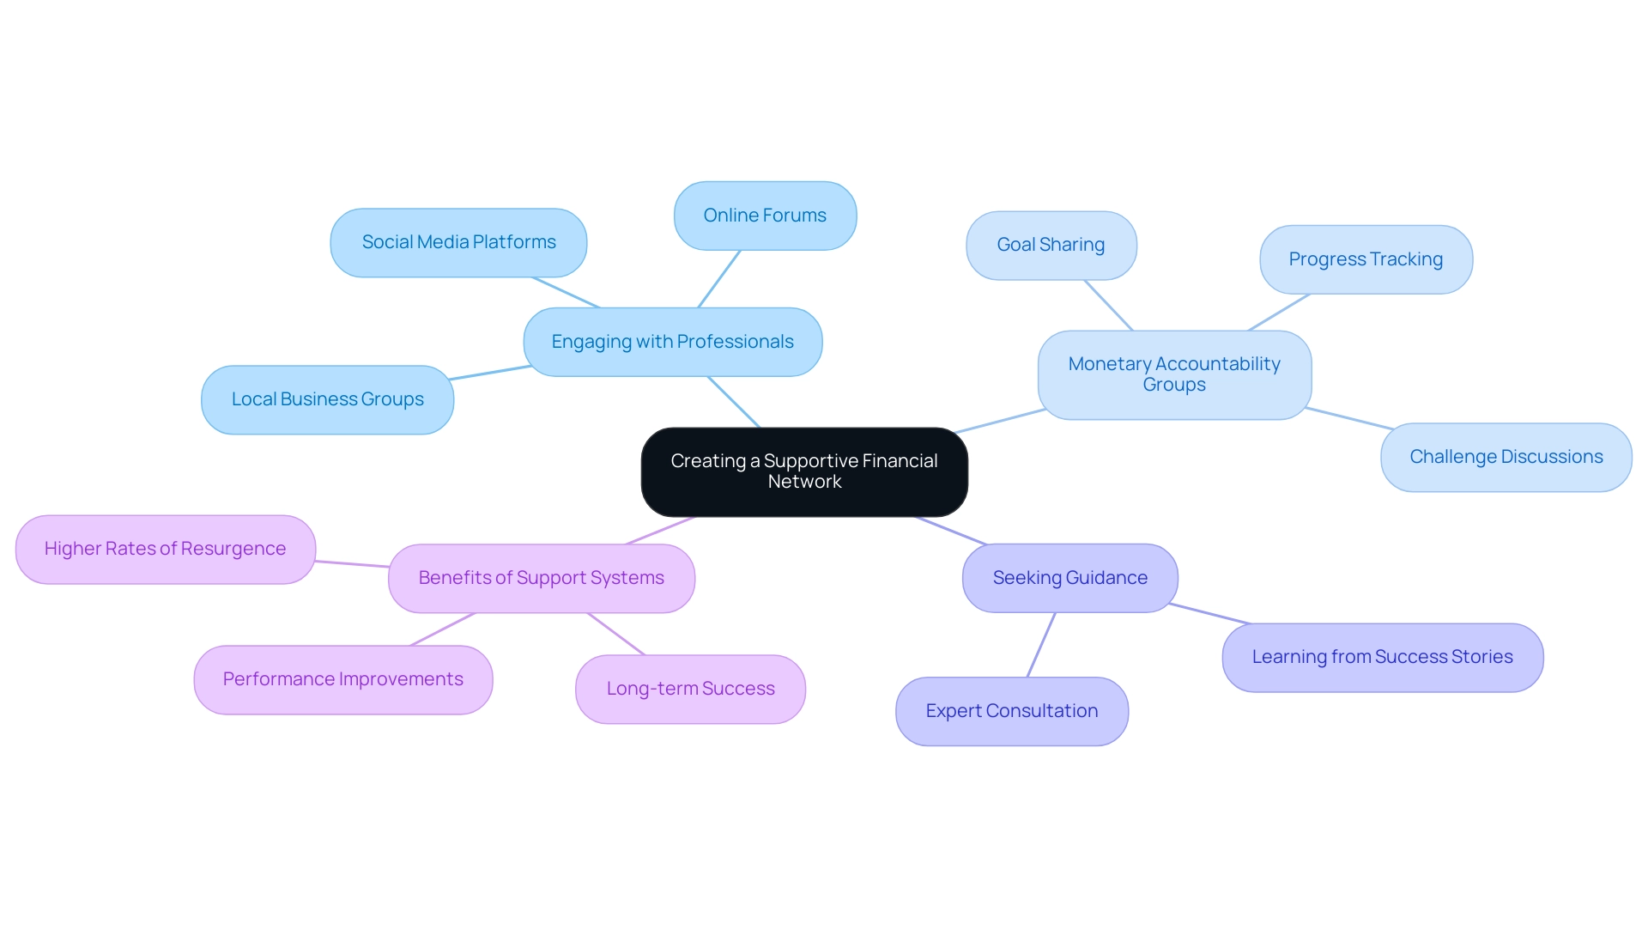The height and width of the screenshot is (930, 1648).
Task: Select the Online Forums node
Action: click(x=765, y=216)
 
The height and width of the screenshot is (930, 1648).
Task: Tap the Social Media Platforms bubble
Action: click(x=458, y=242)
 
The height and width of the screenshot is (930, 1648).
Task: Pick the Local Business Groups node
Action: click(x=327, y=399)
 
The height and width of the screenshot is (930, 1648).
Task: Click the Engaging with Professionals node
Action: click(x=672, y=342)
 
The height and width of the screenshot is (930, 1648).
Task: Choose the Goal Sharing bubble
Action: click(x=1051, y=245)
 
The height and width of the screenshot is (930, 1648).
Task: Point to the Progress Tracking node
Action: click(x=1366, y=259)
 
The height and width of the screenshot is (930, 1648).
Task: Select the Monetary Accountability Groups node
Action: click(x=1173, y=374)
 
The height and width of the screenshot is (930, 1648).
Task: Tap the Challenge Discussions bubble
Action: click(x=1506, y=457)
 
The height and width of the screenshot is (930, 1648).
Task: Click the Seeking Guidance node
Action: click(x=1069, y=578)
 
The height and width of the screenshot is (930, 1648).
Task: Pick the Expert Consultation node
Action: click(x=1011, y=711)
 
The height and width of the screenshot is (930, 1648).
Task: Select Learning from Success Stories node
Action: click(x=1382, y=657)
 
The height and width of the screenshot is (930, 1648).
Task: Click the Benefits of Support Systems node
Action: click(x=541, y=578)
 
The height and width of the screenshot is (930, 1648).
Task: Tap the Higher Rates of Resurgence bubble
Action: click(x=165, y=549)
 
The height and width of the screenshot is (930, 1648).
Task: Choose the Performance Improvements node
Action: click(x=342, y=679)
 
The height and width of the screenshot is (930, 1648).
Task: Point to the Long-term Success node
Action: click(x=690, y=689)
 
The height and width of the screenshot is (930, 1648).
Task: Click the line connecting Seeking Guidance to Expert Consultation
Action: click(x=1041, y=645)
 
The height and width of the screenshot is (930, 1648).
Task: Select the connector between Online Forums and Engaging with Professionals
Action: click(x=719, y=279)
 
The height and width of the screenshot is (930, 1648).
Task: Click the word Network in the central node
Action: click(x=804, y=482)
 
